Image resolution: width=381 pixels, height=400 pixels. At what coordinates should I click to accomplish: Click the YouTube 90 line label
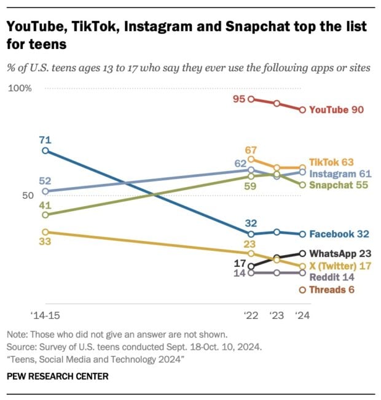[x=336, y=110]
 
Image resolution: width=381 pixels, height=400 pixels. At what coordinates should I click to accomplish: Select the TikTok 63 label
[x=331, y=162]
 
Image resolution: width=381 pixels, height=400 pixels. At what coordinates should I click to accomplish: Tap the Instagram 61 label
[x=338, y=174]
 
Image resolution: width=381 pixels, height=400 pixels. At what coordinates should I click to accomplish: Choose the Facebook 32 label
[x=339, y=234]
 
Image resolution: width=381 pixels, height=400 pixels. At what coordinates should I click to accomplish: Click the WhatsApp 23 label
[x=340, y=253]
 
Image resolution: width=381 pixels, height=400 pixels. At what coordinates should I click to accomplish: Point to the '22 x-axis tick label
[x=251, y=317]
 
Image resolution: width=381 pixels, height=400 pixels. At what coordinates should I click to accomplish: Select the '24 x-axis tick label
[x=301, y=317]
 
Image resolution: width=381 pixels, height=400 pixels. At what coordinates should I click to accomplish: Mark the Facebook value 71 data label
[x=44, y=139]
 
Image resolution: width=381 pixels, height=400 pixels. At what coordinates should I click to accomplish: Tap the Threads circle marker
[x=302, y=290]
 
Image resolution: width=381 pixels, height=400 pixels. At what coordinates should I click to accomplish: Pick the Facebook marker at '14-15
[x=44, y=150]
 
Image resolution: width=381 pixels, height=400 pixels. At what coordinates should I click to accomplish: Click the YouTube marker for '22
[x=251, y=99]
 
